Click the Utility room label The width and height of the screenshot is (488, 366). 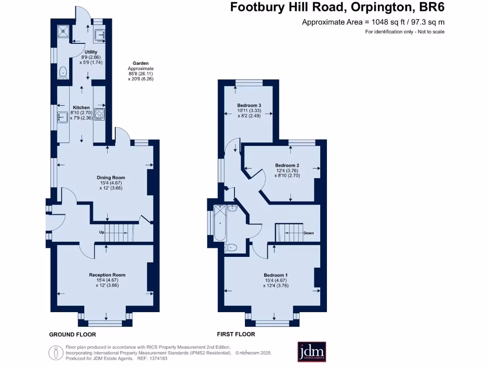91,52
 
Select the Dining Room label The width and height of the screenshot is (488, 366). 112,178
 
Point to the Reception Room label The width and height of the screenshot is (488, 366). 107,275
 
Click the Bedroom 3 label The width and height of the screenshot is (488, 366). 249,105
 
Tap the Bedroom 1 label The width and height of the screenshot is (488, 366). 275,275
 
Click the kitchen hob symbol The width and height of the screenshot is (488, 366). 100,114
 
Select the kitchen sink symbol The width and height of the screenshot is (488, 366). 62,115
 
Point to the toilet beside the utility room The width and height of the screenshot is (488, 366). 62,72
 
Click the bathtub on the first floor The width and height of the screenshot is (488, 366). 220,223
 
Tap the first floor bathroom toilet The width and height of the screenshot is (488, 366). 232,247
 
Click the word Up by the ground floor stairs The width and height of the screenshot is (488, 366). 102,232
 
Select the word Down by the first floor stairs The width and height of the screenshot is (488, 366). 308,233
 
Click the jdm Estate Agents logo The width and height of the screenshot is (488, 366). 312,352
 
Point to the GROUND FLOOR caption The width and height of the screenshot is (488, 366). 72,335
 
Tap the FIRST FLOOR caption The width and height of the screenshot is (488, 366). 236,335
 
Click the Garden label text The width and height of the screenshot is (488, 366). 141,63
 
